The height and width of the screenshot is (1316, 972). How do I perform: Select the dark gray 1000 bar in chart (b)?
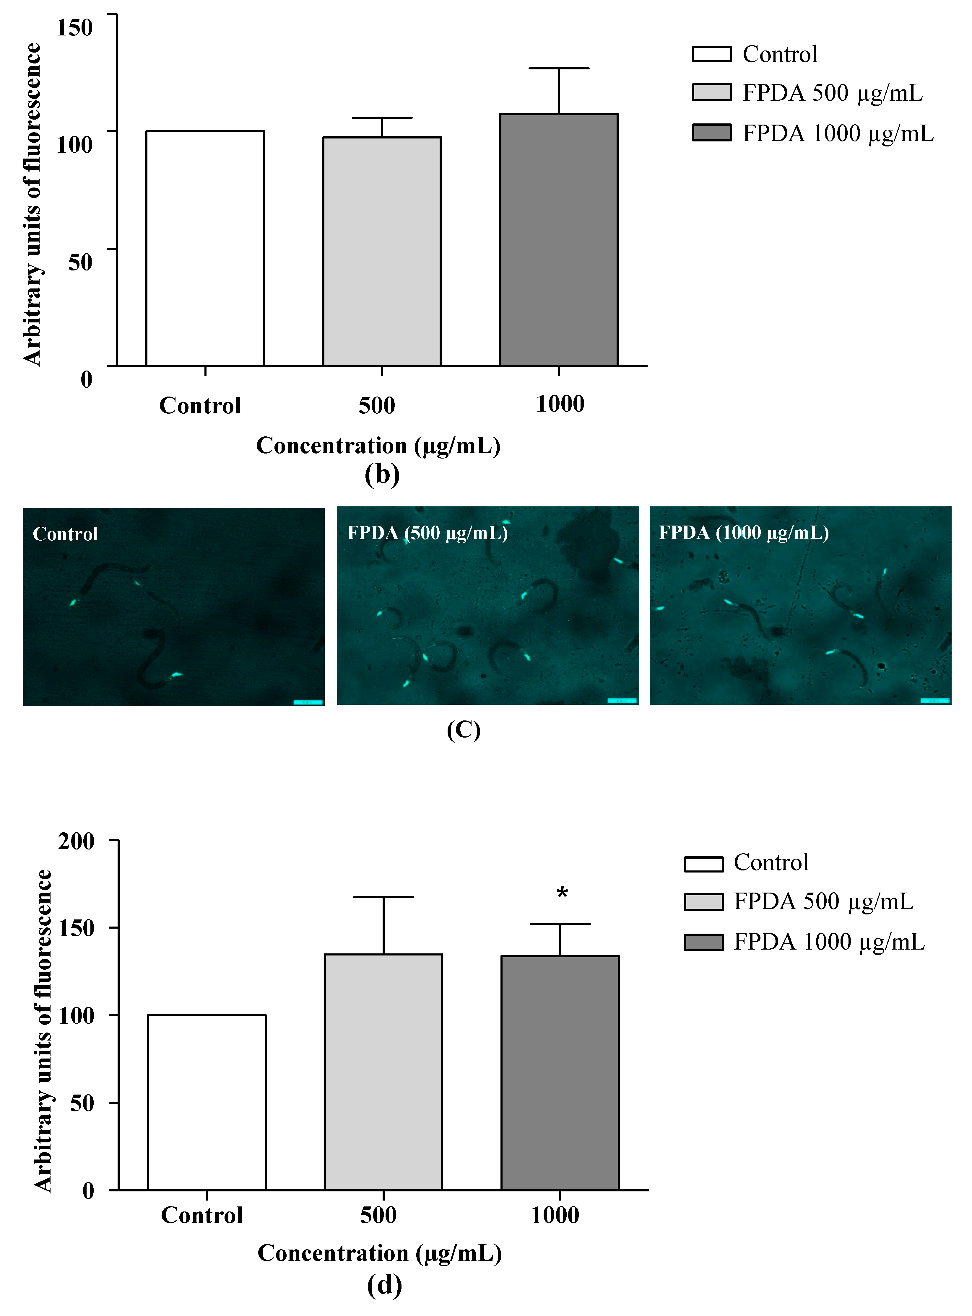coord(558,240)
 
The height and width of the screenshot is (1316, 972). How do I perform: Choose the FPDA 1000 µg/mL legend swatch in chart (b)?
coord(711,133)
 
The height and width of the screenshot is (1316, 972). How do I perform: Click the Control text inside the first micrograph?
coord(65,534)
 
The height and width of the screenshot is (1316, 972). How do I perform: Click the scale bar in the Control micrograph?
coord(308,702)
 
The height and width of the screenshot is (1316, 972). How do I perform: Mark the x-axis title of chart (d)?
coord(380,1253)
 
